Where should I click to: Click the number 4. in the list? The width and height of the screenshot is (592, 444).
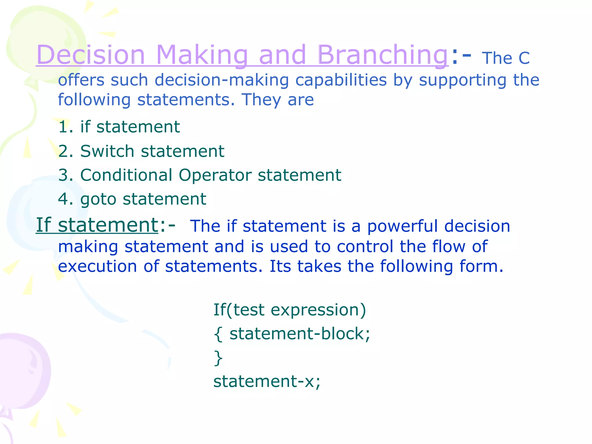(66, 199)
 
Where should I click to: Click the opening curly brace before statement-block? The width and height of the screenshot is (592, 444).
(218, 334)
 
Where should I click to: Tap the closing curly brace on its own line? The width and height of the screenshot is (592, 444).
(218, 358)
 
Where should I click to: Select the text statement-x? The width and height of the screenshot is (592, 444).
(267, 382)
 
